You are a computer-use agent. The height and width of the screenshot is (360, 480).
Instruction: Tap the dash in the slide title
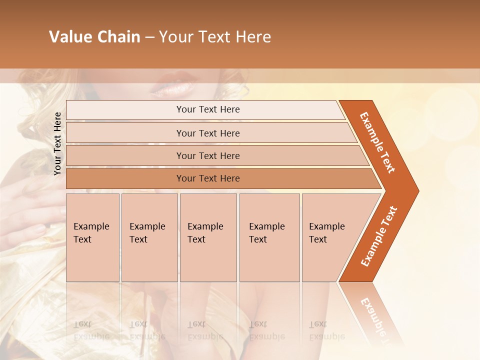click(x=149, y=37)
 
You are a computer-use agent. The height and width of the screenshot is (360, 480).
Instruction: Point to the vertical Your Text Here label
click(x=57, y=143)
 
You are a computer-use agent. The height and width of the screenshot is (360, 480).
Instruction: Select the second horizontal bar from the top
click(x=208, y=133)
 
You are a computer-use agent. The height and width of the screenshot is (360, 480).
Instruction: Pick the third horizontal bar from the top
click(x=208, y=155)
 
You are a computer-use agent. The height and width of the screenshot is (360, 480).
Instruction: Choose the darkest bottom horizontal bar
click(x=208, y=178)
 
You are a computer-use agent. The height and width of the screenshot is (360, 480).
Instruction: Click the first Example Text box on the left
click(x=92, y=237)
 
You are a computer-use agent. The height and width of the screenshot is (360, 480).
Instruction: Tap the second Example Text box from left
click(x=149, y=237)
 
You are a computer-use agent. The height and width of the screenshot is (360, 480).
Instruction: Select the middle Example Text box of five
click(x=208, y=237)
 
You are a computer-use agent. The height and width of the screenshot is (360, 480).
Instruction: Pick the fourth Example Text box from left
click(x=269, y=237)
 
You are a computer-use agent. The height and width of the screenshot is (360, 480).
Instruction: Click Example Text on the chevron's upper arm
click(x=377, y=142)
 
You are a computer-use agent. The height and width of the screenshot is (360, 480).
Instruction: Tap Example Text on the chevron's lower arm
click(x=379, y=236)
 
